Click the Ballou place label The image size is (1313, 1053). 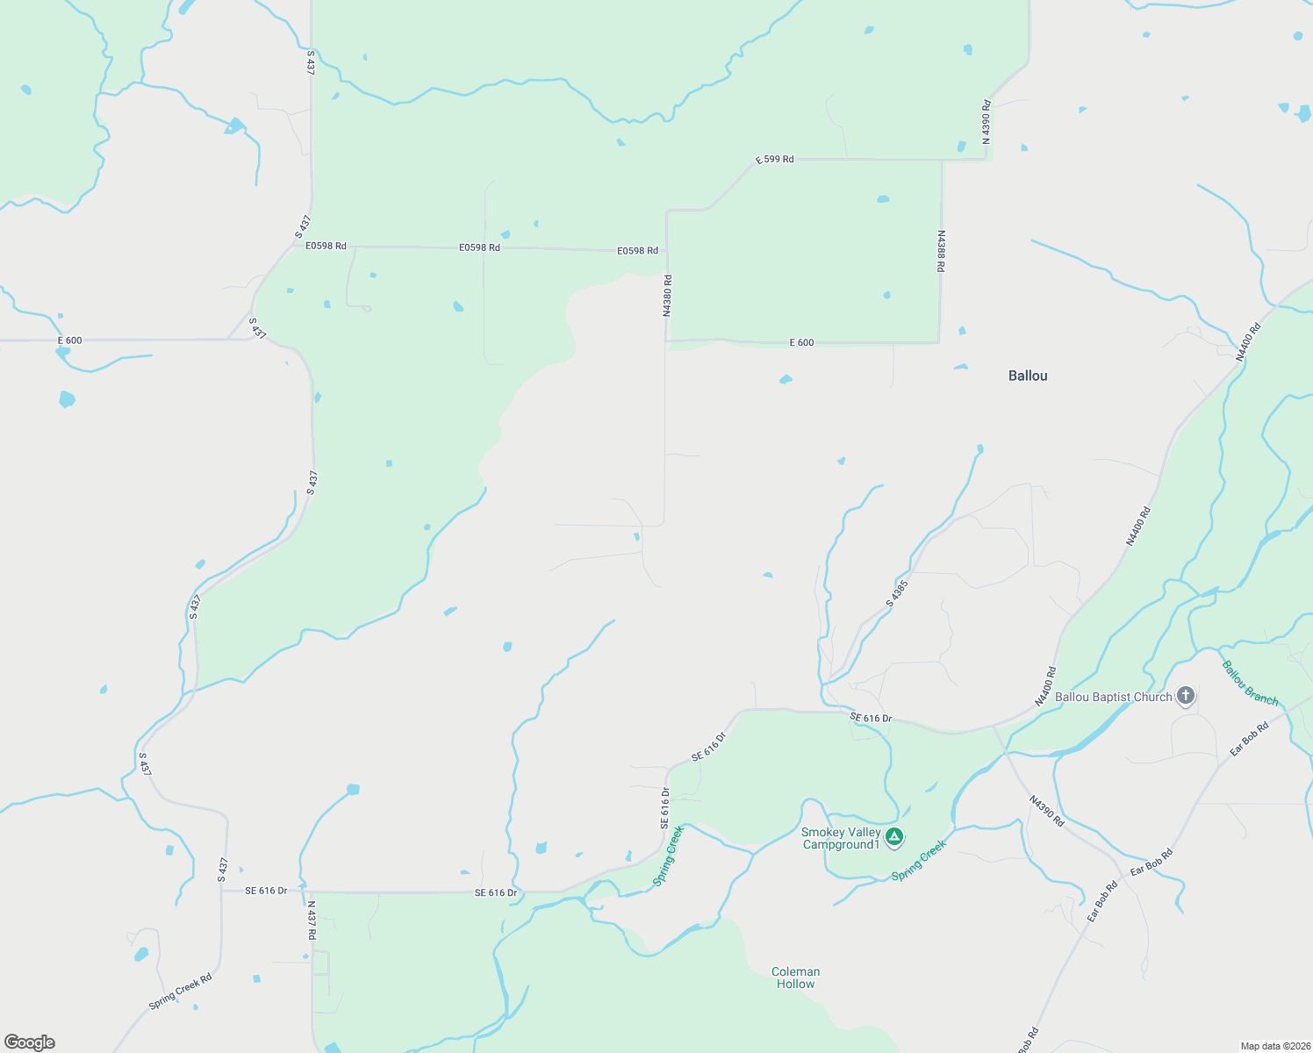(x=1028, y=376)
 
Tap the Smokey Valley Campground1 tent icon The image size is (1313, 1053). (x=894, y=837)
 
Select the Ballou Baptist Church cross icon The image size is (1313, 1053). (x=1186, y=697)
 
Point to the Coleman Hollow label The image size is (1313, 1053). (x=795, y=978)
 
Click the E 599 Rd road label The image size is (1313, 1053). (x=775, y=160)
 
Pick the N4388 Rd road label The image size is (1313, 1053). (x=941, y=251)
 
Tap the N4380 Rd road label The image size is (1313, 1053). (x=667, y=296)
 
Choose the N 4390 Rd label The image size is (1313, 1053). (x=986, y=123)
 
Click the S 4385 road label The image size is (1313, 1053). (x=897, y=593)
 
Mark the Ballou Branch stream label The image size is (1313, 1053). (x=1250, y=683)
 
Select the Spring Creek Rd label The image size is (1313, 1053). (x=180, y=992)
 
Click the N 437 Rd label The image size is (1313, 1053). (x=312, y=920)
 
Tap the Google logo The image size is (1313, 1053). (x=30, y=1042)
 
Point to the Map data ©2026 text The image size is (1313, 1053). (x=1274, y=1046)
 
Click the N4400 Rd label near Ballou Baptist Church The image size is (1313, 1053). (x=1045, y=686)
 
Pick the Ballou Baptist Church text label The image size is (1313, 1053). (x=1113, y=697)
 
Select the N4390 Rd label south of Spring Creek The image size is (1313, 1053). (x=1047, y=812)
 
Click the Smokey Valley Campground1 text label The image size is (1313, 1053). (x=840, y=838)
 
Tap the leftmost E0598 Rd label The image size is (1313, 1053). (x=326, y=247)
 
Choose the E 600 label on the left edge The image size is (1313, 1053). (x=70, y=340)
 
